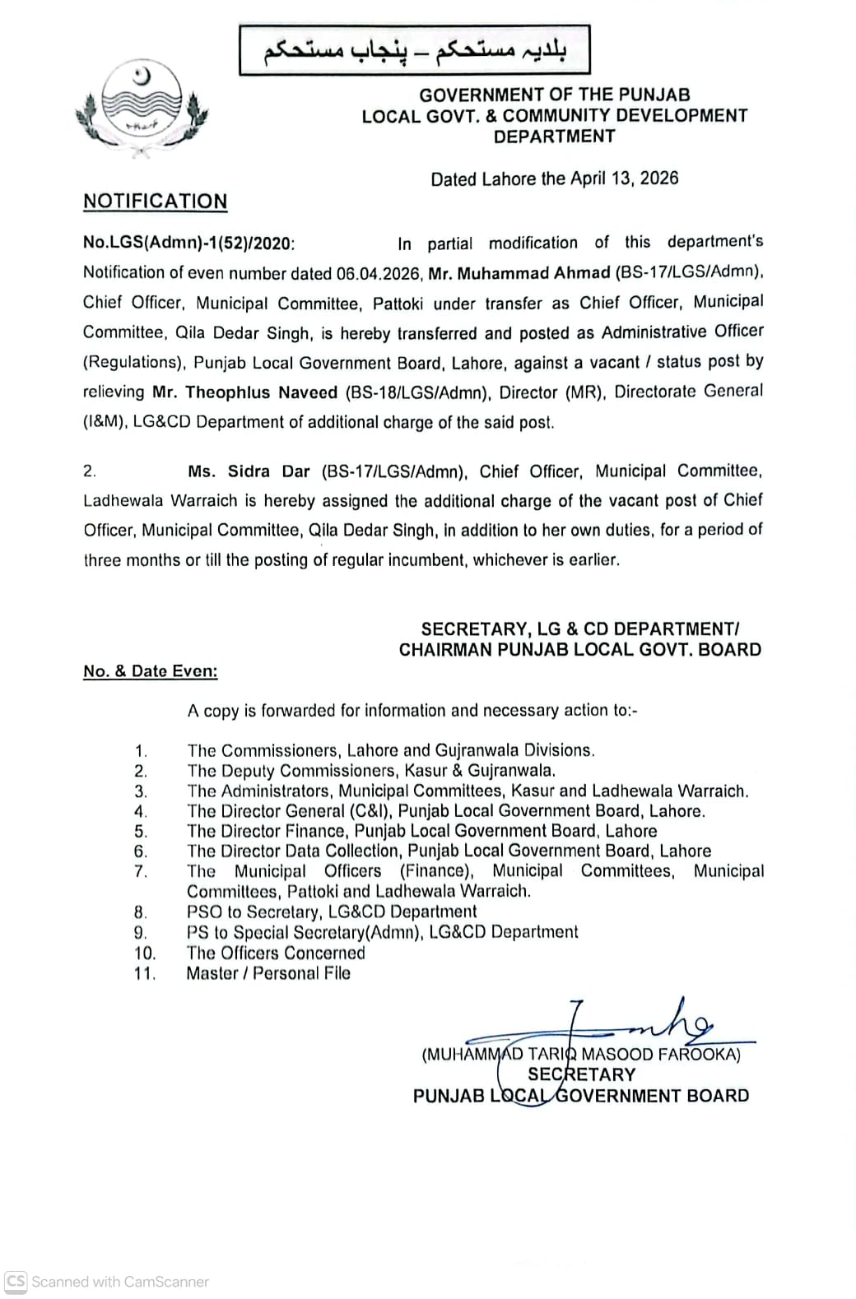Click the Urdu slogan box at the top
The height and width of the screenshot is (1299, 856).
click(415, 51)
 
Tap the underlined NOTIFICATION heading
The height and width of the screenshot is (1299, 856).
click(155, 202)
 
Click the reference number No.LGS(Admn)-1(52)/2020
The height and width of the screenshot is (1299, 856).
click(188, 244)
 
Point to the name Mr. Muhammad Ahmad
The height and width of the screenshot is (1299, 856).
click(519, 273)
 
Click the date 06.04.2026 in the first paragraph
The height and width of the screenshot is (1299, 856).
click(379, 273)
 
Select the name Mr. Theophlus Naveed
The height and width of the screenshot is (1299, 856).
click(244, 392)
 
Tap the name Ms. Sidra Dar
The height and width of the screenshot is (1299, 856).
click(249, 471)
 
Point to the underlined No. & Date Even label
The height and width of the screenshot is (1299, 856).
click(151, 671)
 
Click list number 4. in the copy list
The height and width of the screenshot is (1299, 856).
click(141, 812)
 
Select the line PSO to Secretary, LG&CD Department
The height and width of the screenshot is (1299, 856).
click(332, 912)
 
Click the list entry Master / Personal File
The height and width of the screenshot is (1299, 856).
click(268, 973)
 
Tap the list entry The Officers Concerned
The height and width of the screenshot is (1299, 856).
click(276, 953)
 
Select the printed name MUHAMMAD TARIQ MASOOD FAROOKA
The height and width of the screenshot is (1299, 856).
click(581, 1054)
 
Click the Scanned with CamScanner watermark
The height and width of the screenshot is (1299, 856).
click(108, 1282)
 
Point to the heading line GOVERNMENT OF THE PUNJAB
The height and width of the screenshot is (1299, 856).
click(555, 95)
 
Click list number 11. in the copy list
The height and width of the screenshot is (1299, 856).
click(145, 974)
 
